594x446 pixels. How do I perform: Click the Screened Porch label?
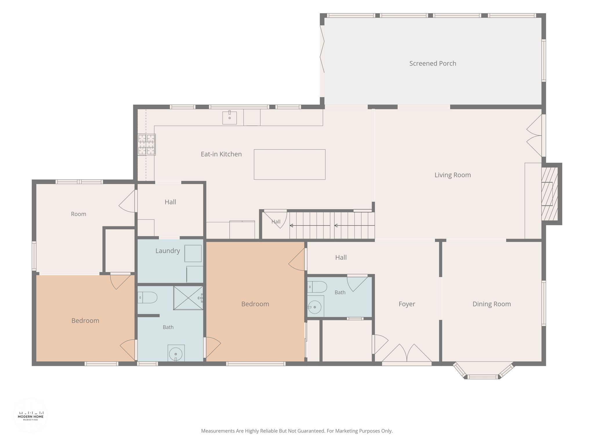pos(432,64)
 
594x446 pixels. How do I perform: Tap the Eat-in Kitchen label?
pos(221,154)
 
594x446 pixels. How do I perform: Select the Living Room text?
pos(452,175)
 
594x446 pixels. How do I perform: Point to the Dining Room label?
pos(492,304)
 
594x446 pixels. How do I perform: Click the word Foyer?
pos(407,304)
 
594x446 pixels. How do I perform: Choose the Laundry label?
pos(168,251)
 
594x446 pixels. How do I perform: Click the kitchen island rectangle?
pos(289,164)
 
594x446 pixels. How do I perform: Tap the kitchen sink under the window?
pos(229,118)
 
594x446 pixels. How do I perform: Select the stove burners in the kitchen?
pos(146,144)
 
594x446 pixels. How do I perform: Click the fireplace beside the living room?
pos(550,194)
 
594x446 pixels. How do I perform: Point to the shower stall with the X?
pos(188,298)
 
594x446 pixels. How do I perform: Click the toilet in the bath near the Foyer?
pos(317,287)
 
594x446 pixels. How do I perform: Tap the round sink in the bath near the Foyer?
pos(315,307)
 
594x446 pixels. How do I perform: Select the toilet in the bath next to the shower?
pos(147,298)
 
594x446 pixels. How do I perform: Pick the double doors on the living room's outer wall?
pos(535,135)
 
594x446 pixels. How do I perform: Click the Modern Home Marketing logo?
pos(31,416)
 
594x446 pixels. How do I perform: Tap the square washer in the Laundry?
pos(193,253)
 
